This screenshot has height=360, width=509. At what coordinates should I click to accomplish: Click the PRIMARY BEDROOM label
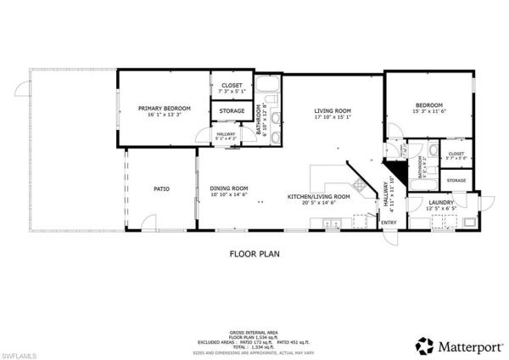165,108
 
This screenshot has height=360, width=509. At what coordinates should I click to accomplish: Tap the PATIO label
162,188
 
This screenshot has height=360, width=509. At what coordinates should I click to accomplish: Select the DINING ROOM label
229,188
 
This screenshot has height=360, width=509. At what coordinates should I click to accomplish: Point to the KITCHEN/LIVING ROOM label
311,196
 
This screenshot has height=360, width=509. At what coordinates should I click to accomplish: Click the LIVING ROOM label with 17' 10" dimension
333,110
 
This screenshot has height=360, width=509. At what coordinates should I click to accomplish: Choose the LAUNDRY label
439,202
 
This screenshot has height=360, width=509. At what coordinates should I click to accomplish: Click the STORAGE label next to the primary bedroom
232,111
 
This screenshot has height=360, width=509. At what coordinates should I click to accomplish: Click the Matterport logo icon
422,345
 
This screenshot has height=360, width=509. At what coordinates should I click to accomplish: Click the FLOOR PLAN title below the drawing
254,253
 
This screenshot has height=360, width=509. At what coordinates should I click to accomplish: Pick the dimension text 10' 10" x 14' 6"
229,195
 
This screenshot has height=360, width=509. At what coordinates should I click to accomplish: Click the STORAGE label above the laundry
456,181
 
